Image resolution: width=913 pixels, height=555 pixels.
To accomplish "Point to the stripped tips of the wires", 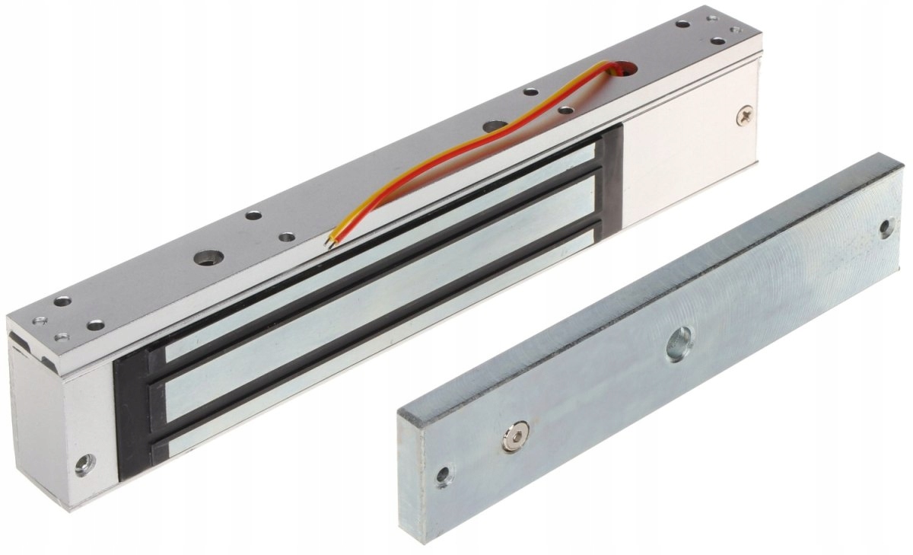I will [329, 241].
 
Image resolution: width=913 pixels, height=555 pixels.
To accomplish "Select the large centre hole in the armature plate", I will [679, 343].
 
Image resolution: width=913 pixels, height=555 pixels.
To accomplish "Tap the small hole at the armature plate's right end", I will [886, 228].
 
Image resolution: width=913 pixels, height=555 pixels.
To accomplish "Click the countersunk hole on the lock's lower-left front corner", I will [85, 463].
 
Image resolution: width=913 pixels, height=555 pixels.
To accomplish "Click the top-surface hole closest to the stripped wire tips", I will [286, 237].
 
